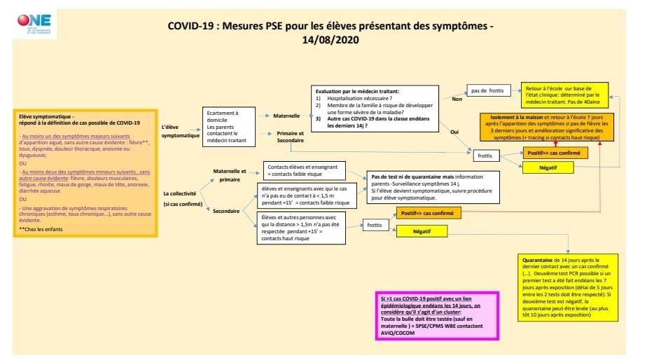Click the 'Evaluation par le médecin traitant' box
tap(375, 108)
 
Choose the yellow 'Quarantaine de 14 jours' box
tap(569, 287)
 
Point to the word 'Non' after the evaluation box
tap(458, 99)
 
